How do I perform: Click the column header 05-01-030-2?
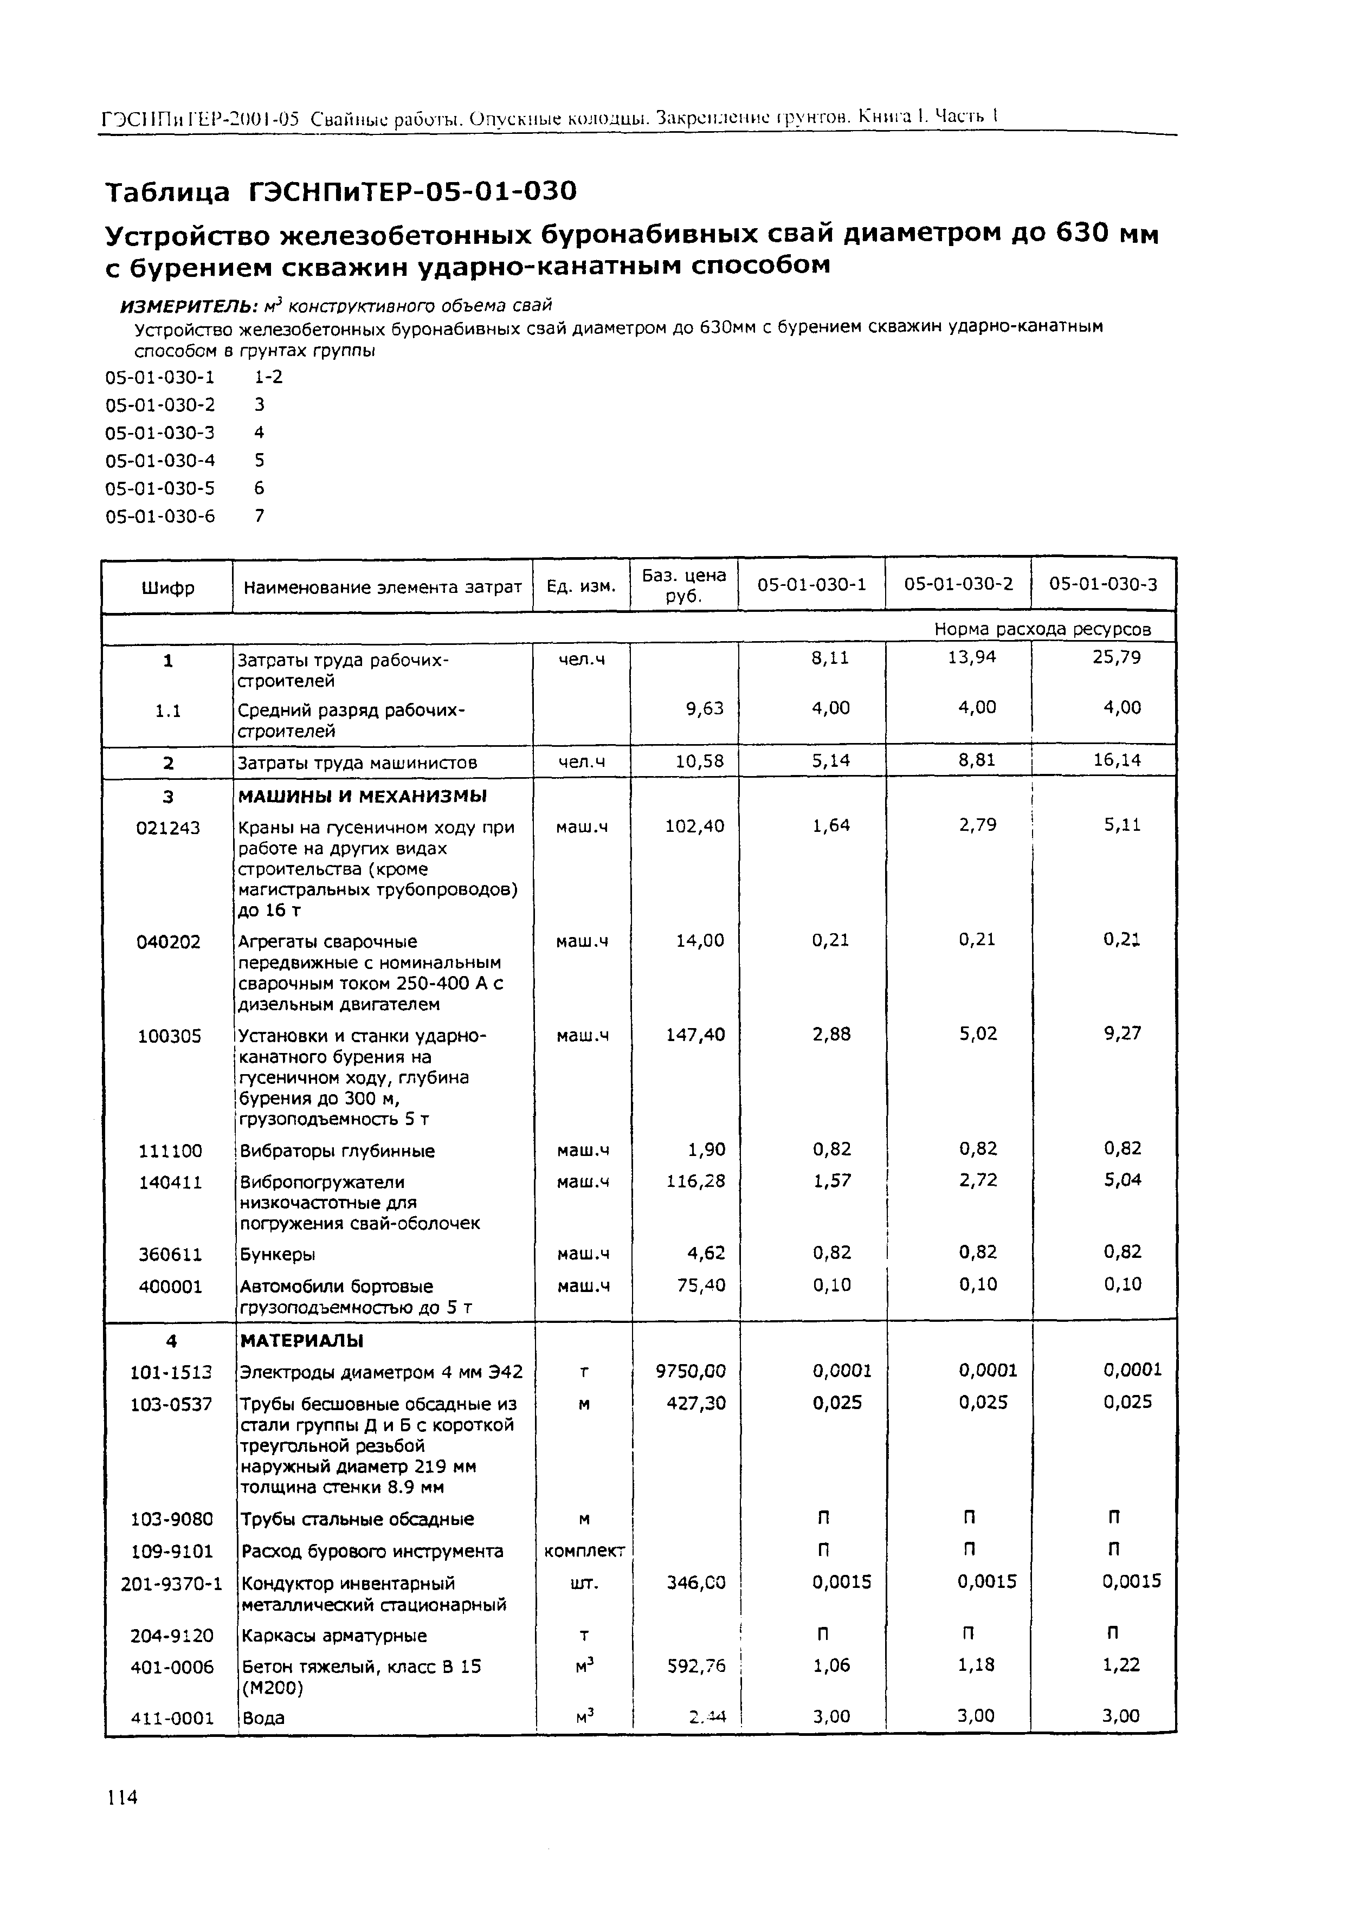tap(958, 584)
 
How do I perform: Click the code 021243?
tap(169, 828)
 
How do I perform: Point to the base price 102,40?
tap(695, 826)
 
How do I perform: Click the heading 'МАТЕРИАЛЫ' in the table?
tap(302, 1341)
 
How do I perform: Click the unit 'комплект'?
tap(584, 1551)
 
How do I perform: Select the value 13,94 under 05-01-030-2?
tap(972, 658)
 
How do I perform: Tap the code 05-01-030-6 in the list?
tap(160, 516)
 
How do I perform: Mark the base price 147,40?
tap(695, 1035)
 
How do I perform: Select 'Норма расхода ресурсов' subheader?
tap(1042, 629)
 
